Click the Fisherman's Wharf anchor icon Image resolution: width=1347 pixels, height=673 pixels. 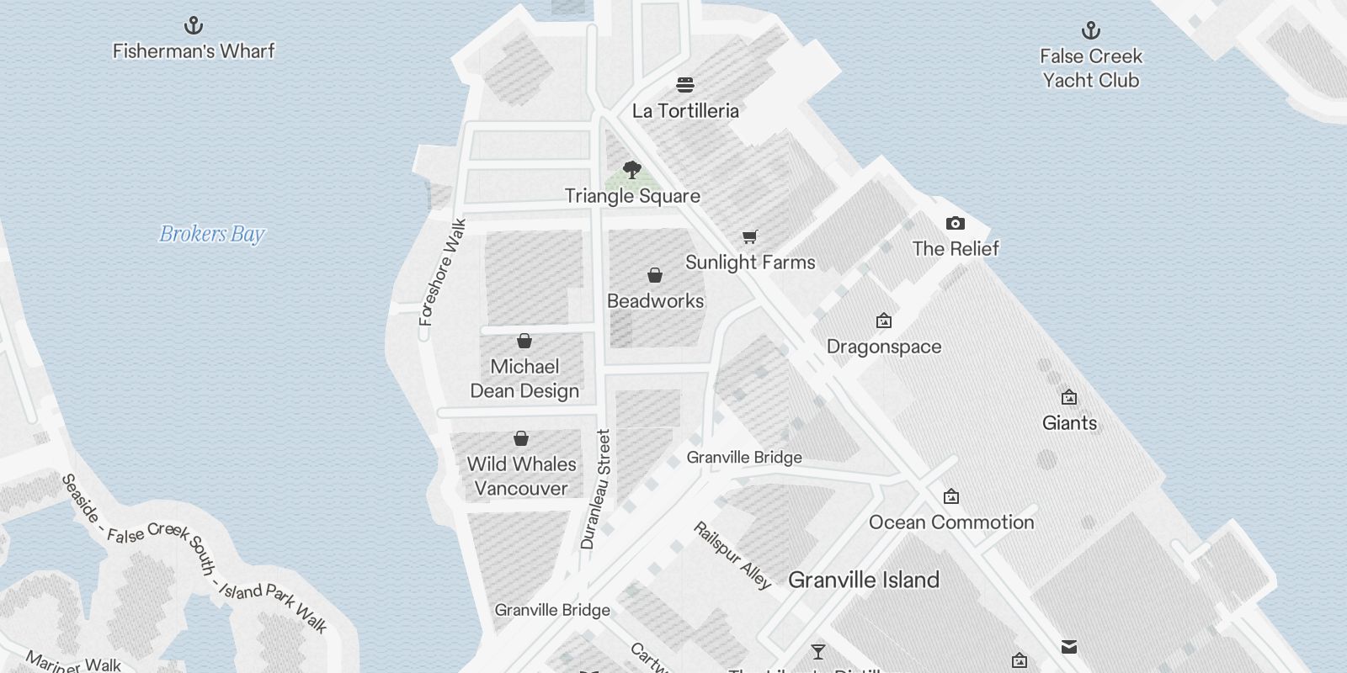point(194,24)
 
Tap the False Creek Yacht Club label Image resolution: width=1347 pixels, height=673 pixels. point(1090,68)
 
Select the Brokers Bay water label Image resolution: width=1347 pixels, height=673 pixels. point(212,234)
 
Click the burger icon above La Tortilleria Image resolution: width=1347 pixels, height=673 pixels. point(685,84)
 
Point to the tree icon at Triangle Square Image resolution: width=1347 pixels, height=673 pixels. point(632,170)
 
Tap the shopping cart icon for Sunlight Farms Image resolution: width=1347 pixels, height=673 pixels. point(750,236)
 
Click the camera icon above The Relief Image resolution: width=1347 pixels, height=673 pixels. point(955,223)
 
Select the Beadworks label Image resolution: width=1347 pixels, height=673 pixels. point(655,301)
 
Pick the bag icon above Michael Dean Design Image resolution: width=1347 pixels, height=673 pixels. point(524,341)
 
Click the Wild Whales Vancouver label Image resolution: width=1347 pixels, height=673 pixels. point(521,476)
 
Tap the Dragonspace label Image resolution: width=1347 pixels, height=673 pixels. point(884,347)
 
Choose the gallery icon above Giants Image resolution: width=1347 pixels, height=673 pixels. point(1069,397)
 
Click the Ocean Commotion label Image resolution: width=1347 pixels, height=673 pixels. point(951,522)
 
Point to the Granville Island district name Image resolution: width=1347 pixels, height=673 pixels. point(864,580)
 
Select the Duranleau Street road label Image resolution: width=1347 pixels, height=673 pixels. point(595,490)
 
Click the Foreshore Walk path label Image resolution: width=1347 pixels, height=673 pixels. point(443,273)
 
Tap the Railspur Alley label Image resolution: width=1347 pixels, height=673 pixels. point(732,555)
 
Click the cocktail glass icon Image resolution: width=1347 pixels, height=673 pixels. point(817,652)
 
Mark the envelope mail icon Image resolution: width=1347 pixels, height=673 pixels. point(1069,647)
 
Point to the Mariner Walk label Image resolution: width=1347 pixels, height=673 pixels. point(74,662)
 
